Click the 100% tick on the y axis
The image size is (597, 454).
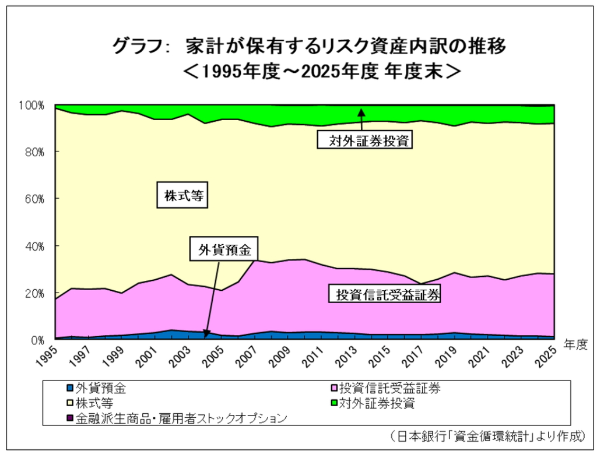[32, 105]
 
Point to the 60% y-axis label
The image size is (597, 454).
[34, 199]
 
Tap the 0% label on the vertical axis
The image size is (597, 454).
[38, 340]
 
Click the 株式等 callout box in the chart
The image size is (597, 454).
[182, 195]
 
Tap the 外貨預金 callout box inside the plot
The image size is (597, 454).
[224, 249]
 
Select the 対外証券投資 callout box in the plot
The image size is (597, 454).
[365, 139]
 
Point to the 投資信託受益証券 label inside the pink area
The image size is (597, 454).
[385, 294]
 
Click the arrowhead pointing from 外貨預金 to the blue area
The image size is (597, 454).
[206, 334]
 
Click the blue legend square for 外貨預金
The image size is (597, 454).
[70, 388]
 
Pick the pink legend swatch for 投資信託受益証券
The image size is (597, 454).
[333, 388]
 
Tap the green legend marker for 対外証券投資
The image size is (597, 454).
[333, 403]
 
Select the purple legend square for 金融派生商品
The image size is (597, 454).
[70, 418]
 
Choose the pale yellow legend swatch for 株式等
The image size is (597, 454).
[70, 403]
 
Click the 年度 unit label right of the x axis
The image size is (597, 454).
[575, 344]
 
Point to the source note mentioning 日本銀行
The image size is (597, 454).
[487, 436]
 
